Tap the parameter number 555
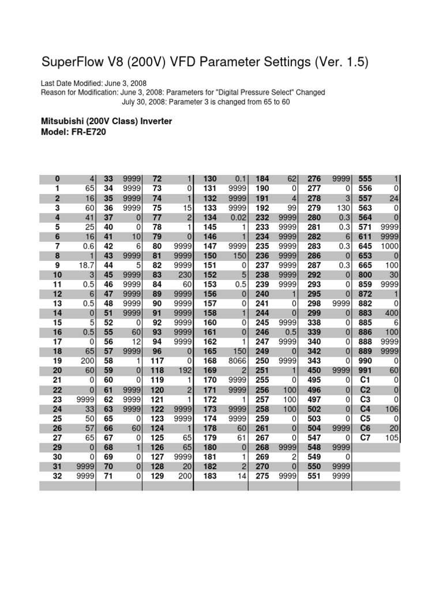click(x=366, y=179)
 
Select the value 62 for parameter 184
click(x=290, y=179)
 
